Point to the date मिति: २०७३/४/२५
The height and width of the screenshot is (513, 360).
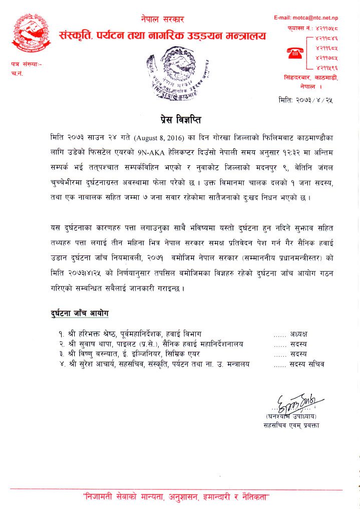click(x=306, y=100)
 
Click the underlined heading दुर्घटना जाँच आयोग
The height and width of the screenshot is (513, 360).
click(x=80, y=314)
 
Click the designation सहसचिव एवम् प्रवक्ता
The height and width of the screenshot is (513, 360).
click(x=291, y=425)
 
